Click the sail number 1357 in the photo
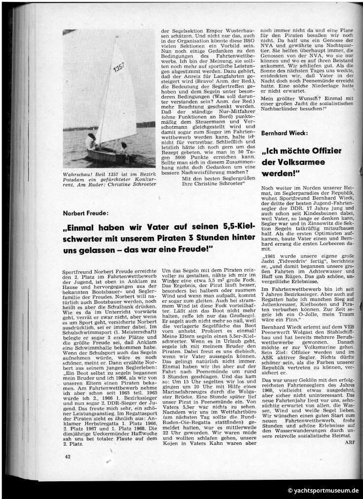(x=118, y=66)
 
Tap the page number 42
(x=67, y=457)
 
